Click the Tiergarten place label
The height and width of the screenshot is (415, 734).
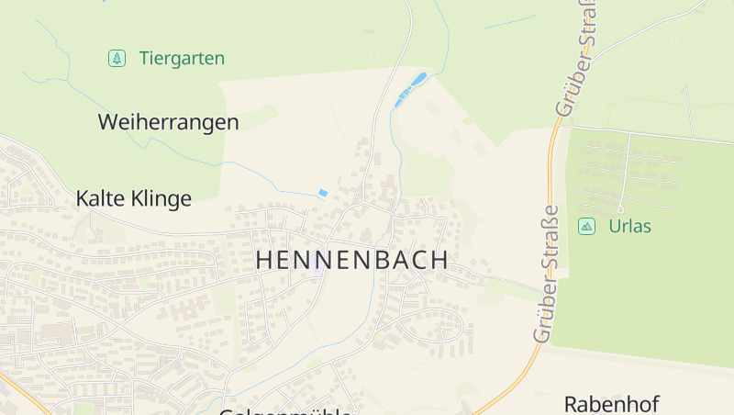[x=182, y=59]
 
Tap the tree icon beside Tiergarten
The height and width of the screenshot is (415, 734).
[x=117, y=59]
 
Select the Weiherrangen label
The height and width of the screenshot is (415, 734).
[x=168, y=122]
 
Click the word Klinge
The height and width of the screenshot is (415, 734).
[x=162, y=198]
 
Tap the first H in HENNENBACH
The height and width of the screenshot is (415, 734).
[x=264, y=261]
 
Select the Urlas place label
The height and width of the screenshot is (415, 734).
[x=629, y=226]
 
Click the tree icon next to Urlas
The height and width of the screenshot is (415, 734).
[x=586, y=226]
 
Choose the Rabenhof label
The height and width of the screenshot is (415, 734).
[x=611, y=404]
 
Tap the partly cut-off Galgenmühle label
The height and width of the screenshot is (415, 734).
[x=284, y=411]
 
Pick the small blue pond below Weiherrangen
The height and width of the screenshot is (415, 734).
[x=322, y=193]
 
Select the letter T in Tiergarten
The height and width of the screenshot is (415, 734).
[x=144, y=59]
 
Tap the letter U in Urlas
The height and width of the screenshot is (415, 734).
[x=614, y=226]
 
